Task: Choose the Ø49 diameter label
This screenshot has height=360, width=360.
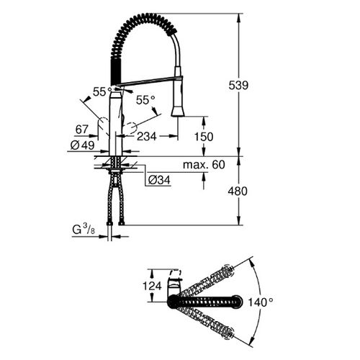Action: [83, 144]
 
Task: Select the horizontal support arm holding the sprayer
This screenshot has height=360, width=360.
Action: [148, 82]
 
